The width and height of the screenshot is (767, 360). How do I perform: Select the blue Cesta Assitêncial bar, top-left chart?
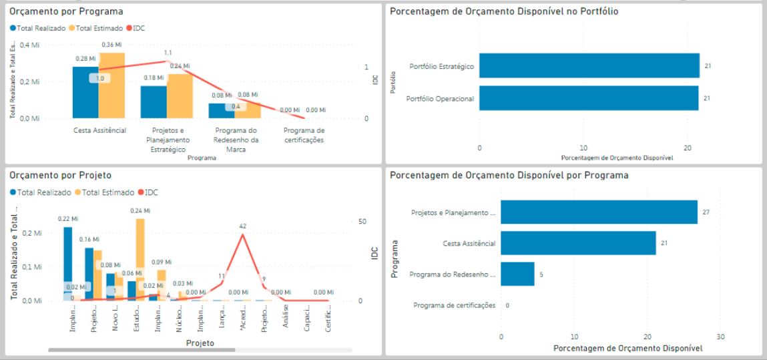click(x=85, y=94)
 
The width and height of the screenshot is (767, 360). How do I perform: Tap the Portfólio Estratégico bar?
click(x=589, y=66)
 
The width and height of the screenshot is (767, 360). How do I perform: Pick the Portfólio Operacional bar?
click(x=588, y=98)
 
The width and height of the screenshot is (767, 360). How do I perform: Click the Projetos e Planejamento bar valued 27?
click(x=599, y=212)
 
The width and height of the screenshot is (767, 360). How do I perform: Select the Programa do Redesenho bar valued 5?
click(x=517, y=274)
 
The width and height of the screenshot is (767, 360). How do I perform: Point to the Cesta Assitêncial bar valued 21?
click(x=578, y=243)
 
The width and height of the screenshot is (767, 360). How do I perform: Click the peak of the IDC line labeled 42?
click(x=242, y=233)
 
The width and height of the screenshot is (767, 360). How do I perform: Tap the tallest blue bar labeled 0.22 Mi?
click(x=67, y=264)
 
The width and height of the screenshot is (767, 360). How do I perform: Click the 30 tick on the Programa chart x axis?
click(x=720, y=336)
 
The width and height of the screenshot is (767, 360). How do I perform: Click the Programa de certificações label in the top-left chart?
click(x=304, y=135)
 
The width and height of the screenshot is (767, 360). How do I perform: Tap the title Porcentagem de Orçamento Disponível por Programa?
click(x=509, y=176)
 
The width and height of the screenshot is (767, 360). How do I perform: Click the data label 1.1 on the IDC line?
click(x=168, y=53)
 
